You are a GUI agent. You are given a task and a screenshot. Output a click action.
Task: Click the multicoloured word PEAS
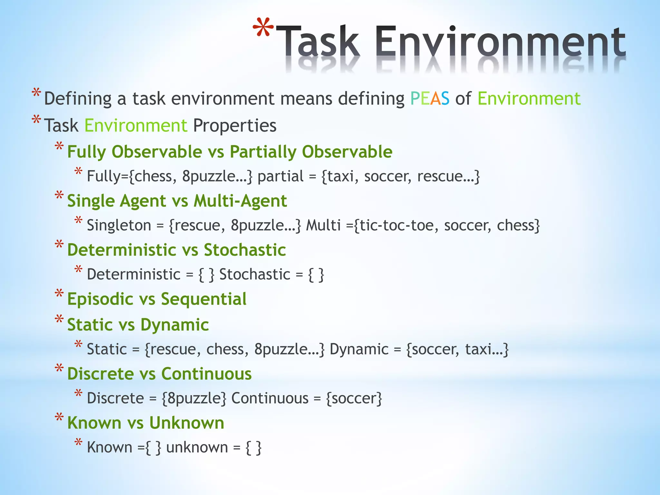(x=430, y=99)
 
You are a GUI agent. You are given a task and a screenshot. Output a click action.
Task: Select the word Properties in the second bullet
(x=235, y=125)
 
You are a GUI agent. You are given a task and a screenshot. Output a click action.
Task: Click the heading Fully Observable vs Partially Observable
(x=229, y=152)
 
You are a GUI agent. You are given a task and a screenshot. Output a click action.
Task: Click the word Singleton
(x=119, y=225)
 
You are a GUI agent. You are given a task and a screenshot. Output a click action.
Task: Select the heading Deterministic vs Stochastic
(x=176, y=250)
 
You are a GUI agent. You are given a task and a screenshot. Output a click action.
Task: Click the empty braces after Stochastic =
(x=316, y=275)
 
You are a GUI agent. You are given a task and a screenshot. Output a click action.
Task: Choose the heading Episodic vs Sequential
(x=157, y=299)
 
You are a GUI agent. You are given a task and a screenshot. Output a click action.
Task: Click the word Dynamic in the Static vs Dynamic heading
(x=174, y=325)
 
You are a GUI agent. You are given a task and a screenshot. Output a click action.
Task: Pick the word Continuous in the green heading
(x=206, y=374)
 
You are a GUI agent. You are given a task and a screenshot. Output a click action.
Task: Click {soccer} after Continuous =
(x=354, y=399)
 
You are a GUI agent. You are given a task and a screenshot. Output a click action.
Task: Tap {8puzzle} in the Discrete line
(x=194, y=399)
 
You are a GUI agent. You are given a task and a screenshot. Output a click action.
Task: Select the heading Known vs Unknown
(x=145, y=423)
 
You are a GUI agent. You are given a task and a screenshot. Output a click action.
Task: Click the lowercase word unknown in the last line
(x=197, y=448)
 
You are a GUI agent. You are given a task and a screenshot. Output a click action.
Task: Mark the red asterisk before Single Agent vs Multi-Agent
(x=59, y=196)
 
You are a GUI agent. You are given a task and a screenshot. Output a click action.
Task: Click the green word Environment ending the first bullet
(x=529, y=99)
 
